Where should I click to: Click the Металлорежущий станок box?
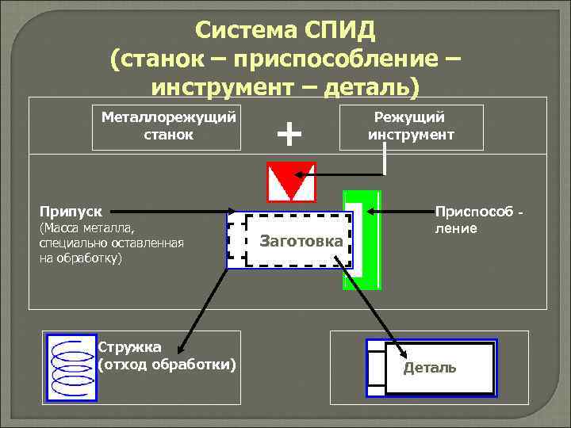[x=167, y=126]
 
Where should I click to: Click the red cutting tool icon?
[x=291, y=182]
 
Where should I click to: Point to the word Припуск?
[x=70, y=212]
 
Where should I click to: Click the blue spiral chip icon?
[x=71, y=365]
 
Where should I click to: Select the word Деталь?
[x=429, y=368]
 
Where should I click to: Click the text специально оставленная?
[x=111, y=243]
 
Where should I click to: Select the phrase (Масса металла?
[x=87, y=229]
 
